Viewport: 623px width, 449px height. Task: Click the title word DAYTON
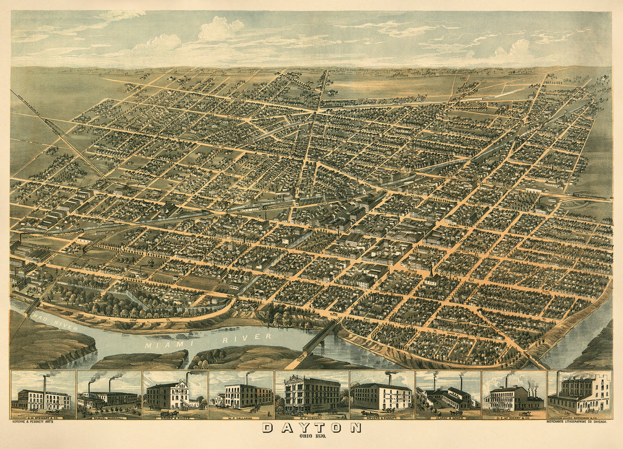coord(311,427)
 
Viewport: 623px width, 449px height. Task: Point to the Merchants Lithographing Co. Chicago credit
coord(578,421)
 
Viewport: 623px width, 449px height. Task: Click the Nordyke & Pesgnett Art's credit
coord(35,421)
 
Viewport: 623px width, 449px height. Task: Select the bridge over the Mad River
coord(31,306)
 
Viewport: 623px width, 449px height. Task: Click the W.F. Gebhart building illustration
coord(311,394)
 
